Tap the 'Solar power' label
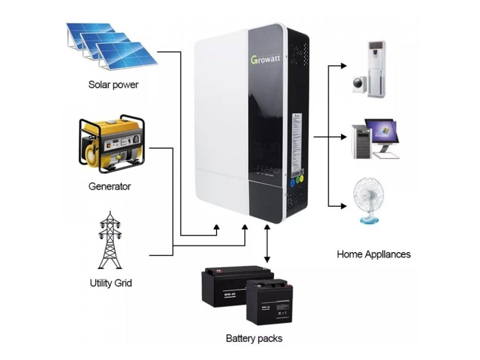[113, 85]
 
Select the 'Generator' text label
[110, 186]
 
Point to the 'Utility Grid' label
[111, 283]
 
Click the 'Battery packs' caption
[254, 338]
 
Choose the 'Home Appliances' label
[374, 254]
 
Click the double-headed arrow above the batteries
[267, 243]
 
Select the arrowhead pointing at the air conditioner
[345, 66]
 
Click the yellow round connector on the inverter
[301, 179]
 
